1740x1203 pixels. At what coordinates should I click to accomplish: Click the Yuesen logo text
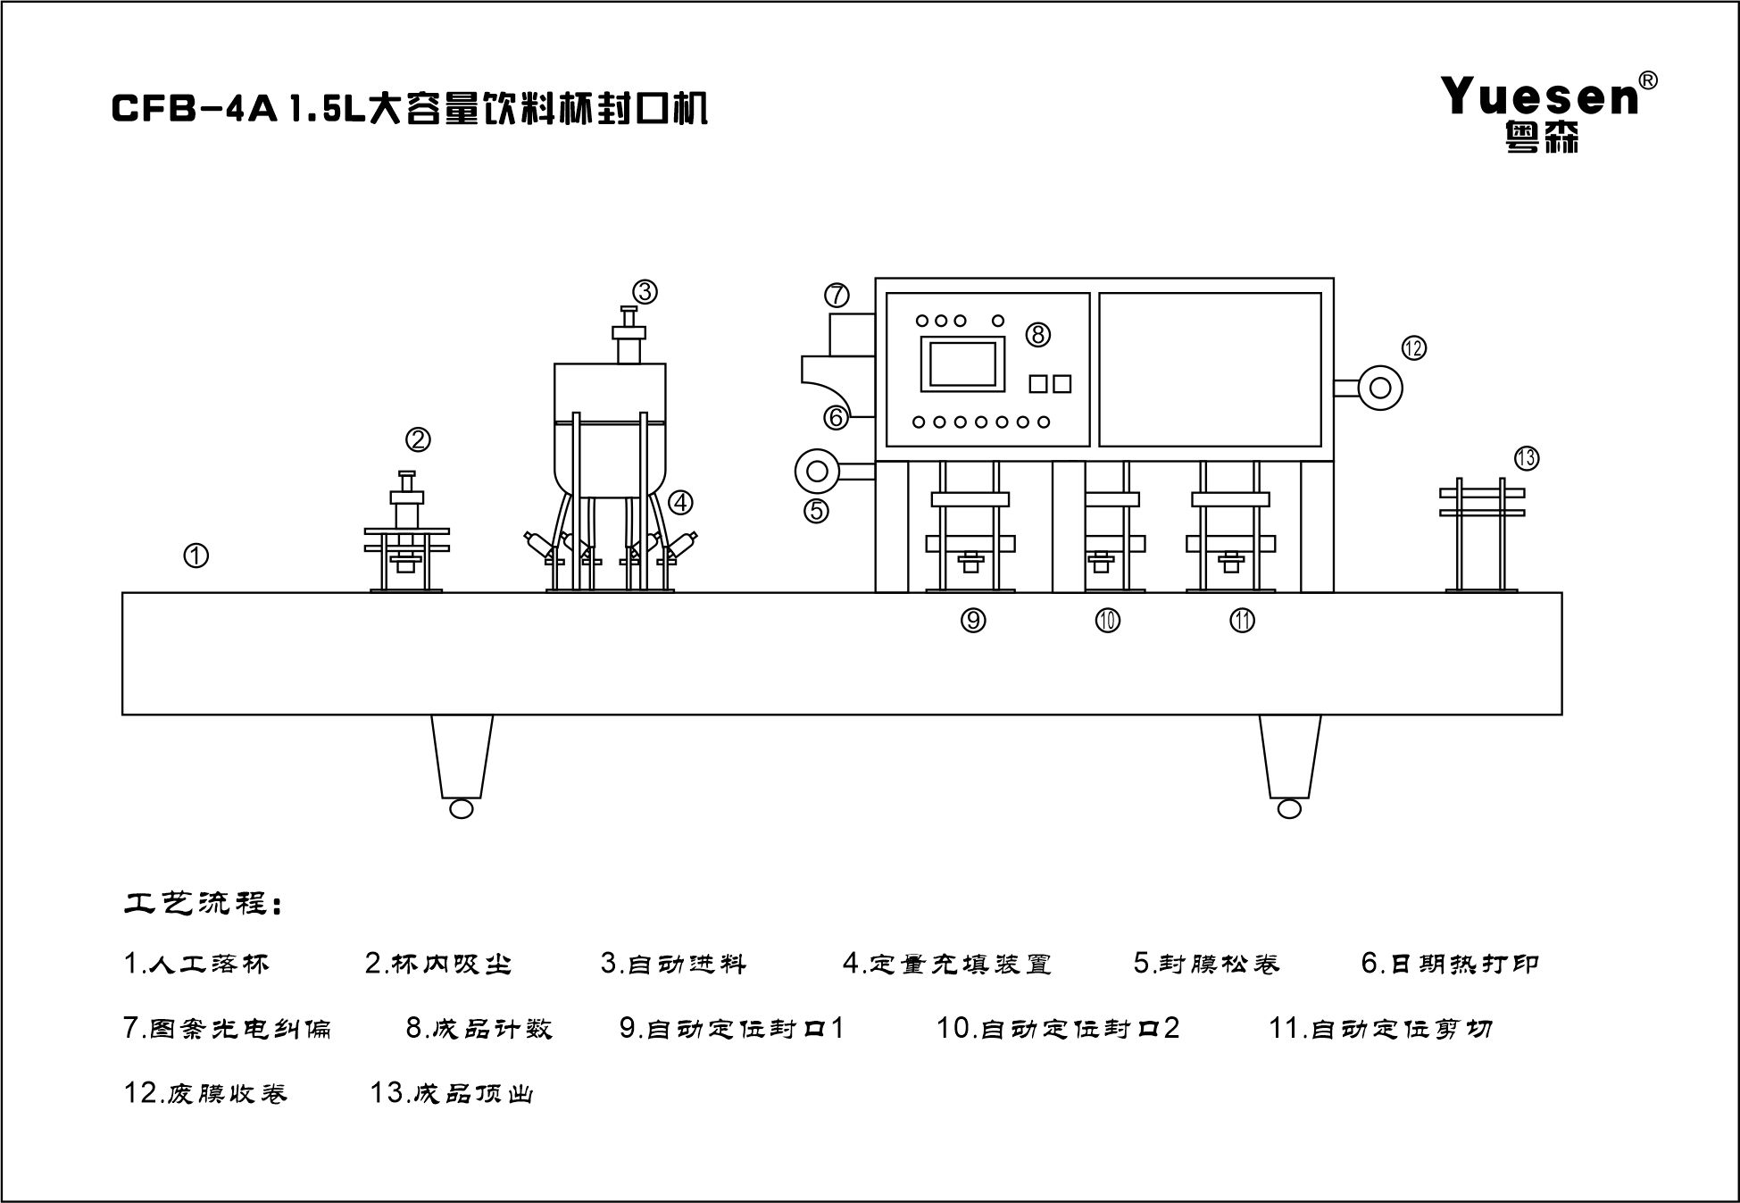point(1540,96)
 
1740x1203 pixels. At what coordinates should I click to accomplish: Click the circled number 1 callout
point(196,556)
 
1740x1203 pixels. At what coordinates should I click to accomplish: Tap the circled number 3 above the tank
point(645,291)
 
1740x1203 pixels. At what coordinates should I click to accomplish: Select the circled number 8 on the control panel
point(1037,334)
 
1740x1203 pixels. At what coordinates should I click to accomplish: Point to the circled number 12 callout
point(1413,348)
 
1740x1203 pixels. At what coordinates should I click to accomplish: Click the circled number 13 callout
point(1527,458)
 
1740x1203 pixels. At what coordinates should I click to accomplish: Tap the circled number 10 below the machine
point(1108,620)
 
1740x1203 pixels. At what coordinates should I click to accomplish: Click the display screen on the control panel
point(963,363)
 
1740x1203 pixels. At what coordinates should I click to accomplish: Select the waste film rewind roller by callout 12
point(1380,388)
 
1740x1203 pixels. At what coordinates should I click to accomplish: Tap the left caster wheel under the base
point(462,808)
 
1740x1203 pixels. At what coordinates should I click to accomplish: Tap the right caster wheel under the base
point(1289,808)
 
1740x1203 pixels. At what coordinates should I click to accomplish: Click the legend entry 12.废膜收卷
point(205,1093)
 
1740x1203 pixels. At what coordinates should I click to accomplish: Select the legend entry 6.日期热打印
point(1450,963)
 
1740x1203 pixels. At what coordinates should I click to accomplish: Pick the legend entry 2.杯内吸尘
point(438,964)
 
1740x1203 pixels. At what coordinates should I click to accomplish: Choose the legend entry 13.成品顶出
point(452,1093)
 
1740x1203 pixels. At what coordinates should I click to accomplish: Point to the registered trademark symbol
point(1649,80)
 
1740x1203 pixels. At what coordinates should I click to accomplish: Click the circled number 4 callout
point(680,502)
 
